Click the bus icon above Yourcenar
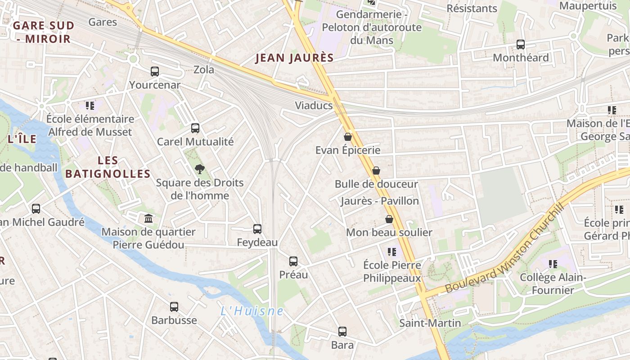[155, 71]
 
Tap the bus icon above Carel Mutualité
[195, 128]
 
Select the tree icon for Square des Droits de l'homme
[200, 169]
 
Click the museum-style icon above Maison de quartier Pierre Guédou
[148, 219]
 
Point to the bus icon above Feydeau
[257, 229]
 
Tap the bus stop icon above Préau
[293, 261]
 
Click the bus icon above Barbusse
[174, 307]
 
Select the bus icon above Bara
[342, 332]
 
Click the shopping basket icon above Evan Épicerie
[348, 136]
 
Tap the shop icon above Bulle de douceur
[376, 171]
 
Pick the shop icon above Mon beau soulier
[389, 219]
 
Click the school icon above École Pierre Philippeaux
[392, 252]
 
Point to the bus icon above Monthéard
[521, 44]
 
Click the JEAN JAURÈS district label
[295, 58]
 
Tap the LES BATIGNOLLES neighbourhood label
[108, 167]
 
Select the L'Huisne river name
[252, 311]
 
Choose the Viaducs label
[314, 106]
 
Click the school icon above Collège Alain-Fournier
[553, 264]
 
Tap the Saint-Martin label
[430, 323]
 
